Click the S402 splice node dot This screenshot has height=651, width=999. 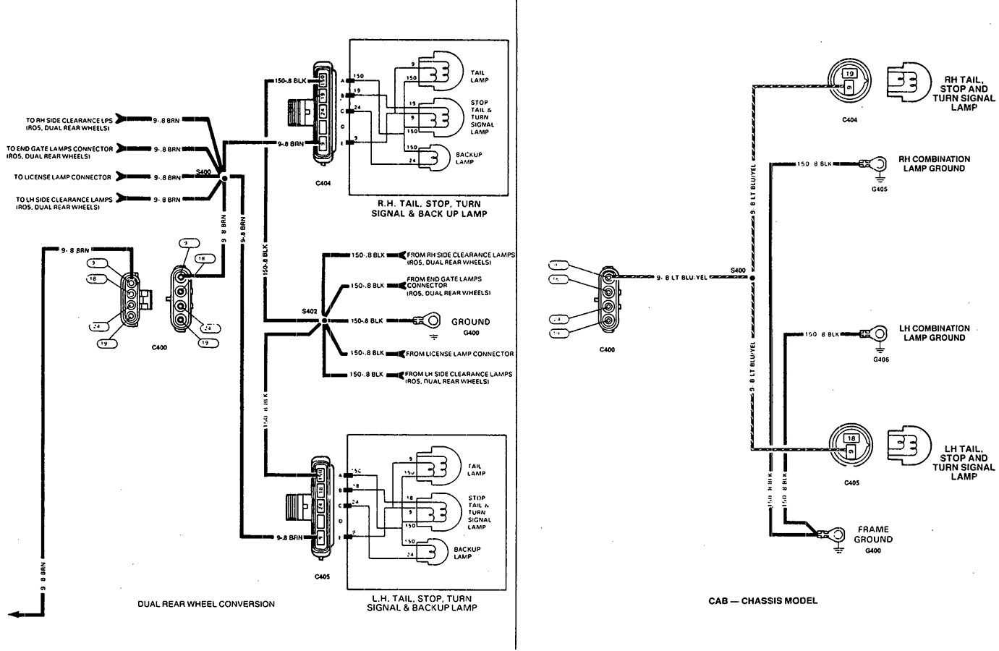click(324, 320)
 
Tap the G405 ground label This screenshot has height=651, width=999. click(880, 190)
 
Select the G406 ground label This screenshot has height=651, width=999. click(880, 359)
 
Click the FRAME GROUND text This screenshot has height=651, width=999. click(873, 535)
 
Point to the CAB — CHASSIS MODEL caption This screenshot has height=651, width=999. click(762, 600)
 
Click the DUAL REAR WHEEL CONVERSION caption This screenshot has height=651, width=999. click(206, 604)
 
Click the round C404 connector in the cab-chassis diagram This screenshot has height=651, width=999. click(849, 80)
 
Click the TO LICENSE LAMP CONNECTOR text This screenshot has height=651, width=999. click(62, 177)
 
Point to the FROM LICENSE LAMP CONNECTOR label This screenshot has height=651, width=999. click(460, 354)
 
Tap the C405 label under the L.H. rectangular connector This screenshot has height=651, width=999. click(322, 577)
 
